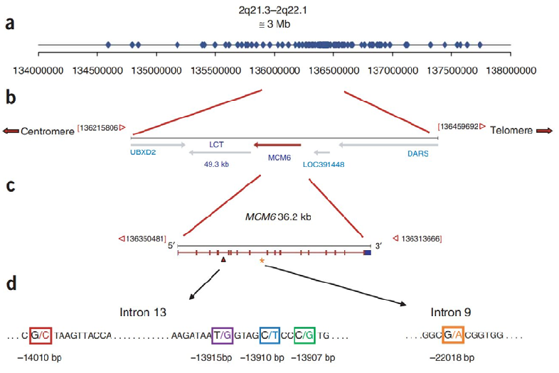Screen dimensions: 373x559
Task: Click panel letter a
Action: click(x=9, y=24)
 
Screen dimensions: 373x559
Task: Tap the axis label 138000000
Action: click(x=511, y=71)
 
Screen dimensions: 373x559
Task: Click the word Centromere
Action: click(x=48, y=131)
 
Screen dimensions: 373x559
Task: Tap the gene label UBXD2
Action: click(x=142, y=152)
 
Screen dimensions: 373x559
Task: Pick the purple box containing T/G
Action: click(x=223, y=334)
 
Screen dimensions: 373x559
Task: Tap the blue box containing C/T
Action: click(x=270, y=334)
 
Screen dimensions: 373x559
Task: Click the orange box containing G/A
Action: click(x=453, y=334)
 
